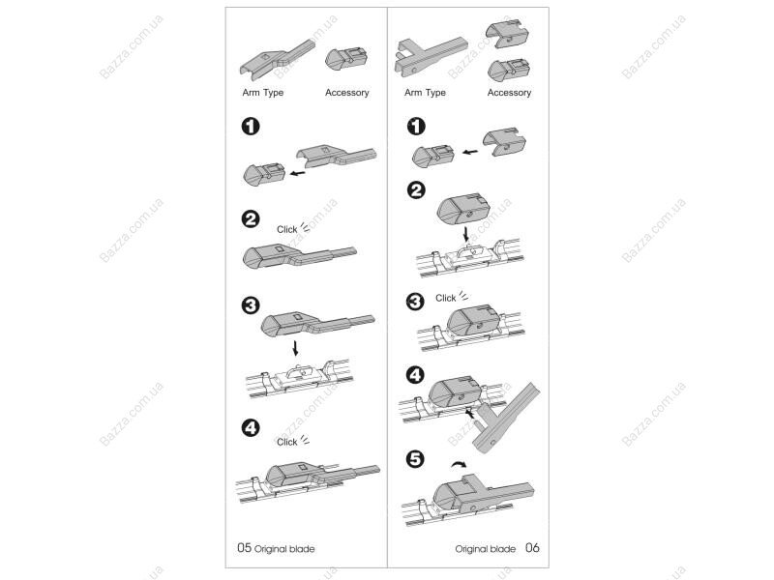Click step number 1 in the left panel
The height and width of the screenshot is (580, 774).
pos(251,127)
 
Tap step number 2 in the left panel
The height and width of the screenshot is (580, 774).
pos(251,219)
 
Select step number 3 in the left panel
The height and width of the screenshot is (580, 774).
pos(251,305)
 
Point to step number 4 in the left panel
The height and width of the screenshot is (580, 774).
pos(251,427)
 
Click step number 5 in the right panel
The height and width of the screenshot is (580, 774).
pos(415,459)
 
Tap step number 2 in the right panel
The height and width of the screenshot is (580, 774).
pos(416,189)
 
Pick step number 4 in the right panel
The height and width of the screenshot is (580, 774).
pos(415,375)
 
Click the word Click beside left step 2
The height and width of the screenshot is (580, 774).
pos(286,229)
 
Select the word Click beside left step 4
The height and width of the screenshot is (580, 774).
pos(286,442)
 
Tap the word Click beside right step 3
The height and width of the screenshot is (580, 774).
pos(445,298)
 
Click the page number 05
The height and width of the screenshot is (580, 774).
pos(245,547)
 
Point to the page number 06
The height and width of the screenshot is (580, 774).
pos(532,547)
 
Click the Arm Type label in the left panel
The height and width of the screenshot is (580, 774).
pos(262,93)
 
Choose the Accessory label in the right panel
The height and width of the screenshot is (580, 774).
pos(509,93)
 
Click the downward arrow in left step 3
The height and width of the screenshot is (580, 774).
pos(295,347)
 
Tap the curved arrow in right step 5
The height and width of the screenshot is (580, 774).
pos(459,464)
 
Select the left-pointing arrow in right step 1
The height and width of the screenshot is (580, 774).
pos(470,152)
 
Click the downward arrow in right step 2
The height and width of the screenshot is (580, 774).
pos(466,235)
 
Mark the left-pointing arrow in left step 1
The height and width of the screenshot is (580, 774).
pos(298,173)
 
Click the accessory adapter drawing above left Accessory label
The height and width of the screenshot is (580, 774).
pos(346,60)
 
